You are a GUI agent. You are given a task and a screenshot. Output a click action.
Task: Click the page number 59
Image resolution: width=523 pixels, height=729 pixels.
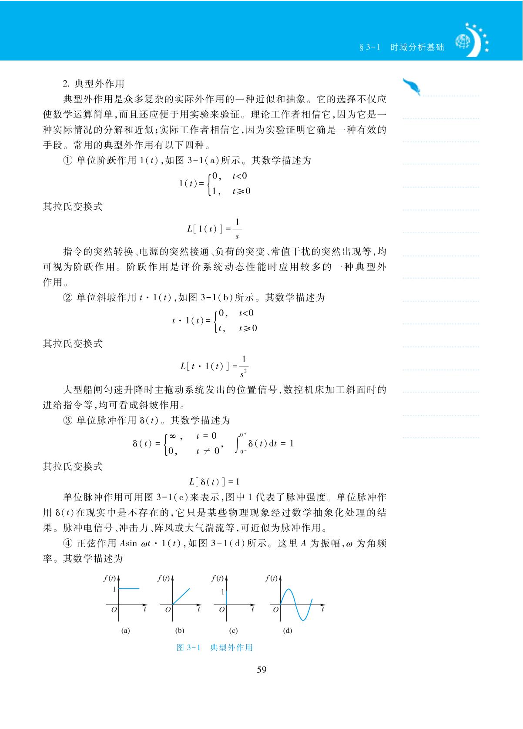(261, 670)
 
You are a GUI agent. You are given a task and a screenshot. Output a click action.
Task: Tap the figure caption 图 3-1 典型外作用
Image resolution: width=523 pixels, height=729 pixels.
(215, 647)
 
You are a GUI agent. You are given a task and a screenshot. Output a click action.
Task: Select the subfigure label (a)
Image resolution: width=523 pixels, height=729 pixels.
(126, 630)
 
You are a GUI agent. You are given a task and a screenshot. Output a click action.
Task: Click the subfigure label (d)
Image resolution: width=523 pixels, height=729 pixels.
(288, 630)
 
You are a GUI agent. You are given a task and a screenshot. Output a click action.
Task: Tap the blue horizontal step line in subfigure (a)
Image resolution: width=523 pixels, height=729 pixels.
(129, 589)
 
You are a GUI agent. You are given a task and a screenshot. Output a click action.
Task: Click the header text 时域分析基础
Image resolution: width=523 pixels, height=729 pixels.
(417, 47)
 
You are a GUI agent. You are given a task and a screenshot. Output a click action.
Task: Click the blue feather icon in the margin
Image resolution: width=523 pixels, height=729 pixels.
(412, 87)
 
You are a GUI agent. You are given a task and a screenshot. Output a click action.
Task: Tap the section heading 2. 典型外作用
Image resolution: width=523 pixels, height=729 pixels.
(94, 84)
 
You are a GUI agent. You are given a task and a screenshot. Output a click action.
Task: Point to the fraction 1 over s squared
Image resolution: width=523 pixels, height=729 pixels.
(244, 366)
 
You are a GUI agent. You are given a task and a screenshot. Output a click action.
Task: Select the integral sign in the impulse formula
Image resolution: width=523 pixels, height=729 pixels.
(238, 443)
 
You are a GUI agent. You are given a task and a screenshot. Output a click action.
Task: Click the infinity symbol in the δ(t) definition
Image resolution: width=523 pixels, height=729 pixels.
(172, 436)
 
